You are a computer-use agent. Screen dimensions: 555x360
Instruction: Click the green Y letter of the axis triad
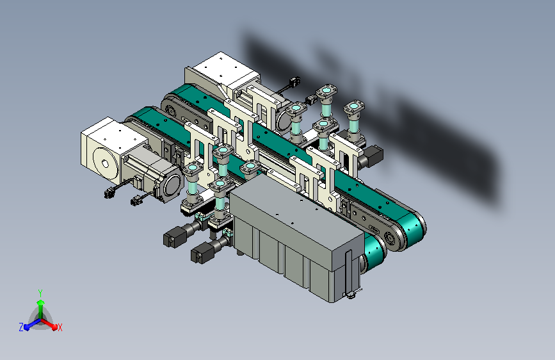point(40,293)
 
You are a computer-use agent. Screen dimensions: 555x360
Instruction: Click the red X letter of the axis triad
point(60,327)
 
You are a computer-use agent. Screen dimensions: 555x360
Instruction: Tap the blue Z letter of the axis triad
point(21,327)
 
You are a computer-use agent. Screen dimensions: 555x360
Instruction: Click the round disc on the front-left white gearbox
point(105,163)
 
